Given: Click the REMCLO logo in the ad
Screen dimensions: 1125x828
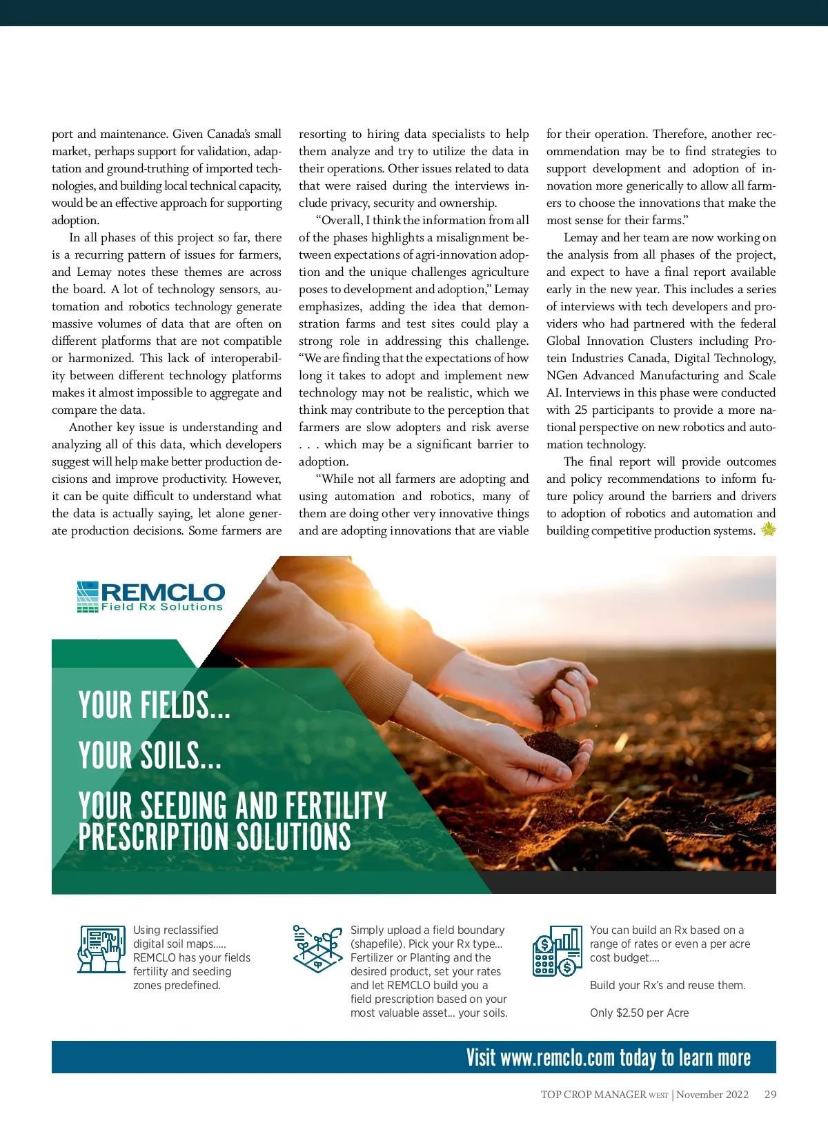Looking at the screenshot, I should click(150, 597).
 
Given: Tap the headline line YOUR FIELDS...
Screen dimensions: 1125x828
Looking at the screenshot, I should click(154, 706).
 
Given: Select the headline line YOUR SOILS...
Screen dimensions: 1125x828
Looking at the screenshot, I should click(150, 756).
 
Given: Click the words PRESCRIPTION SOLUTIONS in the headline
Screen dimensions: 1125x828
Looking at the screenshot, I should click(215, 837).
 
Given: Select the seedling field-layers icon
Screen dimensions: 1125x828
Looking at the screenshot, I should click(317, 949).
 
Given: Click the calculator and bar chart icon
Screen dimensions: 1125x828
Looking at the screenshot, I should click(556, 951).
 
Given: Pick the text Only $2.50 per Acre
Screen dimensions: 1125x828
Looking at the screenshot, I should click(639, 1013).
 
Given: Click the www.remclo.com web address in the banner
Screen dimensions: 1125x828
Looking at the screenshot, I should click(558, 1057).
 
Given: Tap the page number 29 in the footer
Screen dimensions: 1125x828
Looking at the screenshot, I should click(770, 1094).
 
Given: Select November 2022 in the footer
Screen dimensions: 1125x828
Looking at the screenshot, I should click(712, 1094).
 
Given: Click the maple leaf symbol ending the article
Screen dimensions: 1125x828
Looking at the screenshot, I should click(768, 530).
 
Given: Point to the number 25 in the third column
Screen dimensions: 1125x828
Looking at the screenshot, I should click(581, 410).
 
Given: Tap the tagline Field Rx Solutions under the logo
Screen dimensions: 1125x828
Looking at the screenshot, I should click(162, 607).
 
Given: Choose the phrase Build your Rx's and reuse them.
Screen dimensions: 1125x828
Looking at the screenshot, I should click(667, 985).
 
